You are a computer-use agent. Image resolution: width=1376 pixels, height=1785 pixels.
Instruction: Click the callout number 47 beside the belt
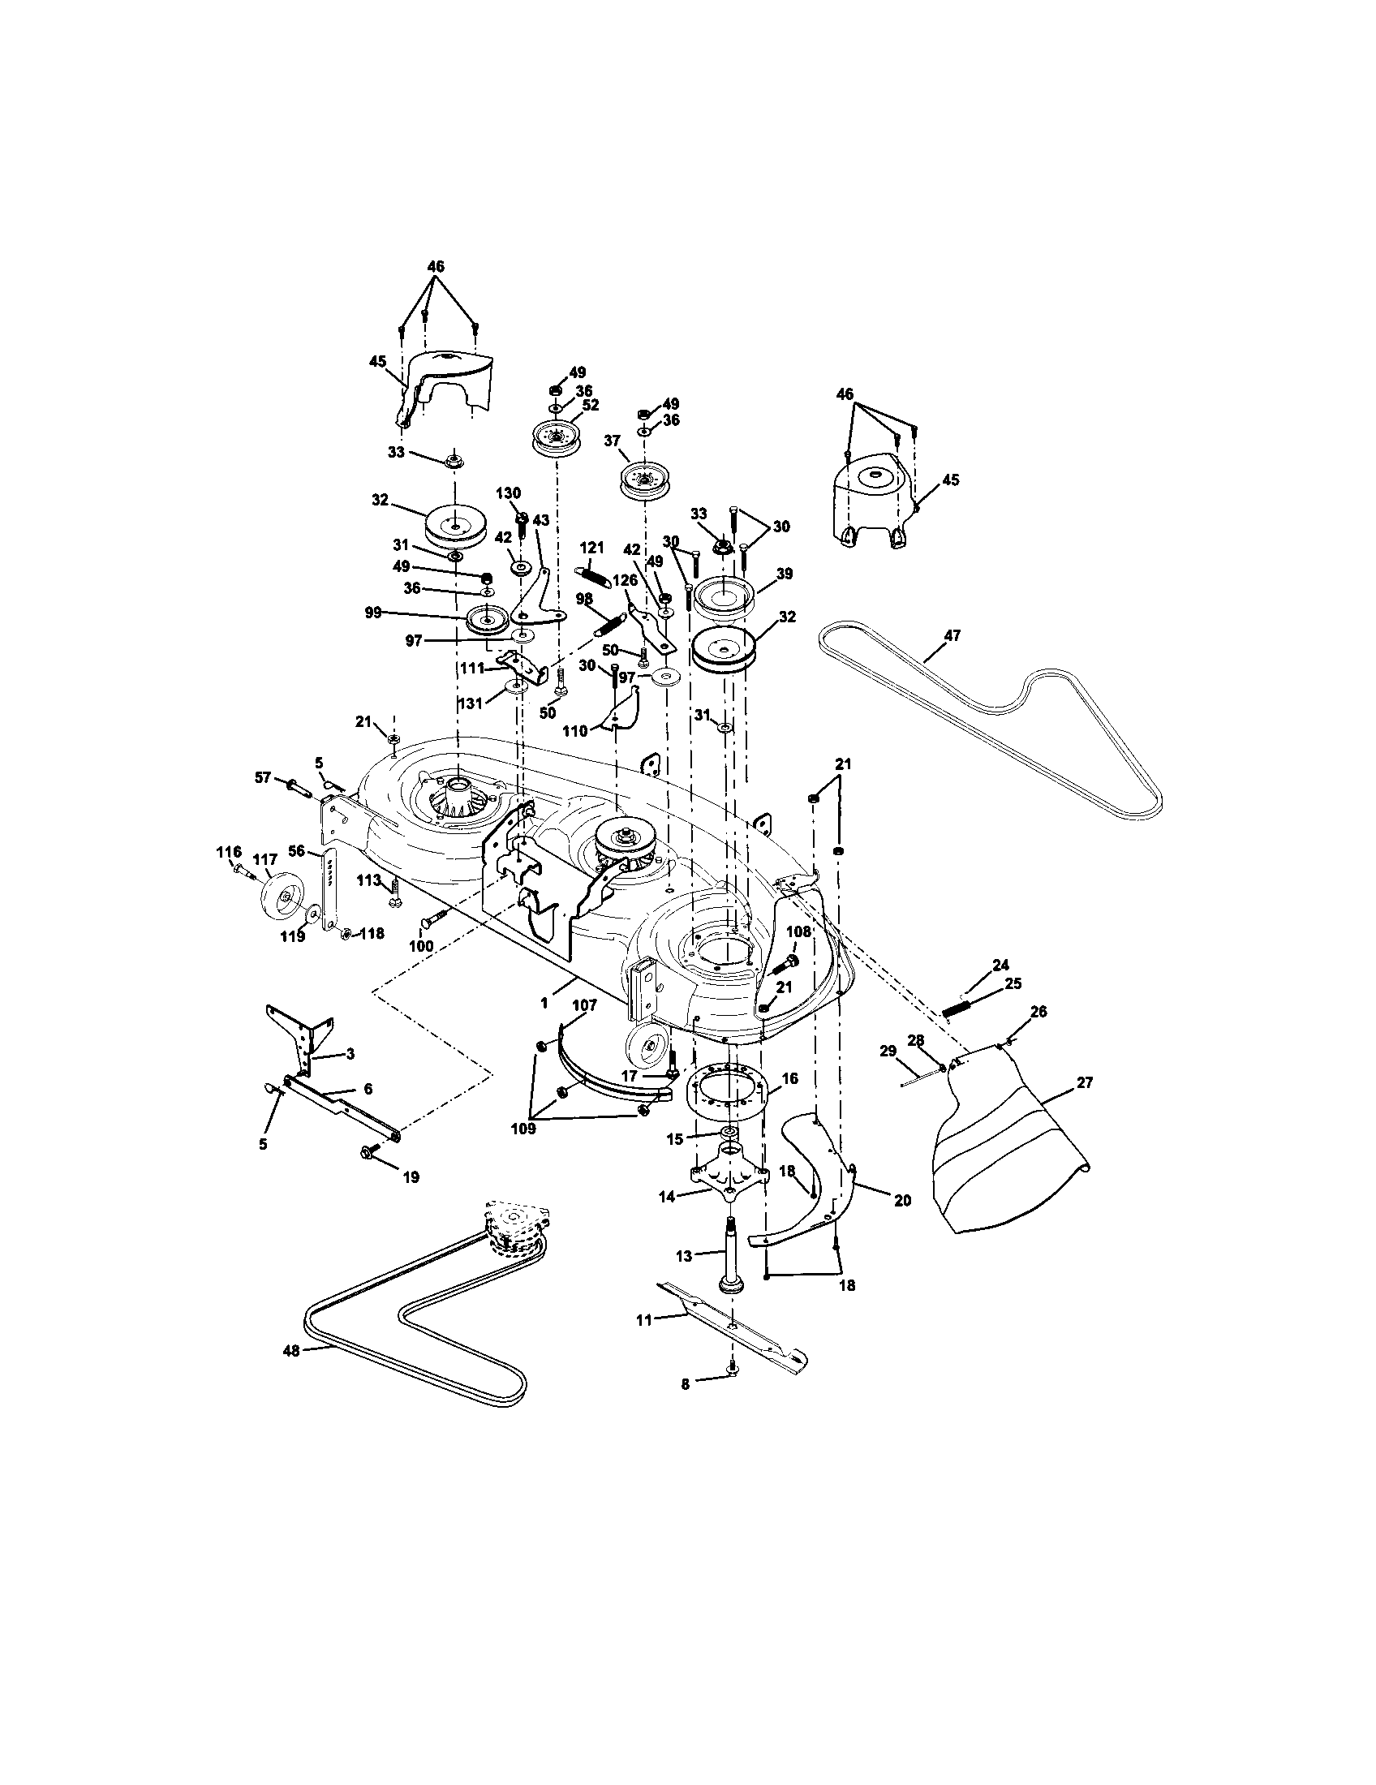point(952,634)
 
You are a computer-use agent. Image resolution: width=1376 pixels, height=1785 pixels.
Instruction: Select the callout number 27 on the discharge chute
point(1084,1083)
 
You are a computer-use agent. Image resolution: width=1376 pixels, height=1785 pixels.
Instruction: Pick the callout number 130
point(507,493)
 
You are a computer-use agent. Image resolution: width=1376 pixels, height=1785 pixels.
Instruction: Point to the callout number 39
point(784,574)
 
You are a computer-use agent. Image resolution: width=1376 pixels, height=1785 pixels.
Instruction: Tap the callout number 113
point(369,880)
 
